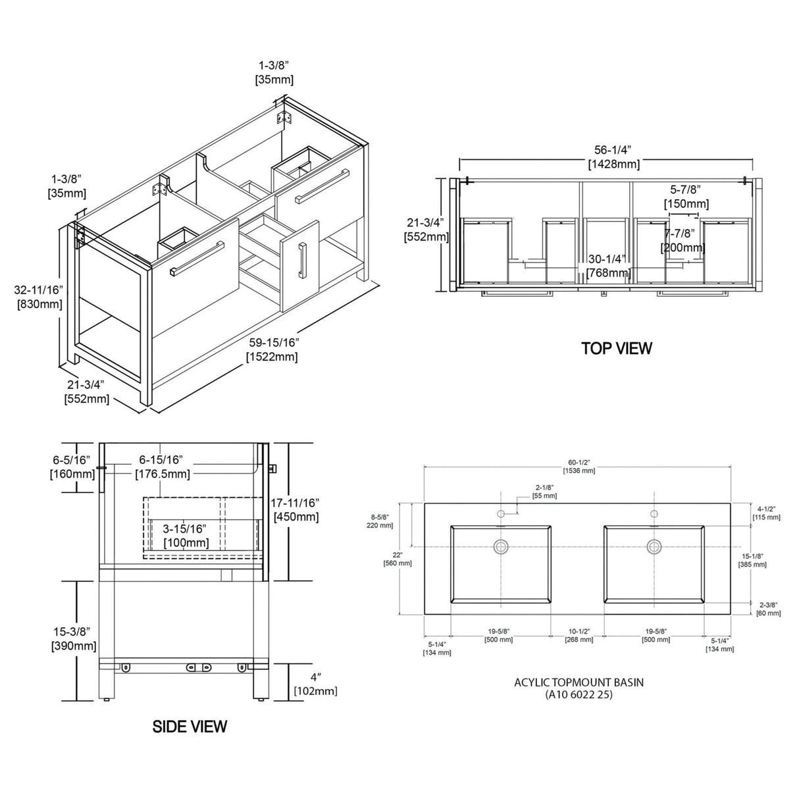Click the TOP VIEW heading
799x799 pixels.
[617, 348]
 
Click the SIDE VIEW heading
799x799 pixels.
[190, 726]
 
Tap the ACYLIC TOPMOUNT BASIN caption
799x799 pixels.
[579, 682]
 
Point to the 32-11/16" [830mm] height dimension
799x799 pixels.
[38, 297]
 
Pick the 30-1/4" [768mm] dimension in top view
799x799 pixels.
[608, 266]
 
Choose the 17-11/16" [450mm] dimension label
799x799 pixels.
[296, 510]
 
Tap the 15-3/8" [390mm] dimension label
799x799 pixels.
[74, 639]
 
